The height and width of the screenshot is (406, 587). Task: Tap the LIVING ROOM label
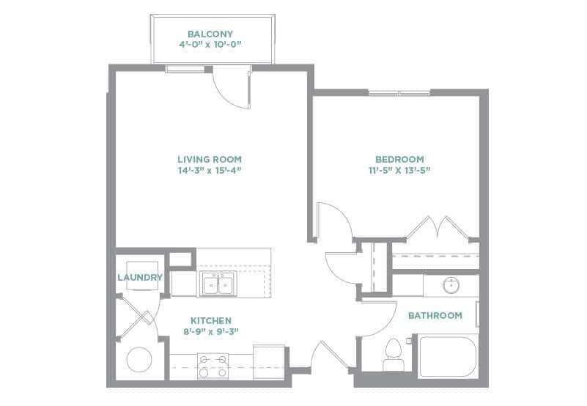pos(210,159)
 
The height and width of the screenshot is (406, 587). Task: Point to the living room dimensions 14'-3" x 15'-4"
pos(210,170)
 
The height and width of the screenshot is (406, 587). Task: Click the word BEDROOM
pos(399,159)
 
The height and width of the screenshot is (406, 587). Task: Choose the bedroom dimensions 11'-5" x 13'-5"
pos(399,170)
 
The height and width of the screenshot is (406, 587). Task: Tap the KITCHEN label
pos(211,320)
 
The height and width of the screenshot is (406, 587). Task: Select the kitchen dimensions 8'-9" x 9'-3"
pos(211,331)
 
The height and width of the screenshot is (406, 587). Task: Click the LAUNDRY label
pos(139,278)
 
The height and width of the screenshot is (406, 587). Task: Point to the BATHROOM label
pos(435,316)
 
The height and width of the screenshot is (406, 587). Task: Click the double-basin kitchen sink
pos(216,284)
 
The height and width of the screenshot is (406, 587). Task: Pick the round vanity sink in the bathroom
pos(451,284)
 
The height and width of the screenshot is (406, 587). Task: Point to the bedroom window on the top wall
pos(399,92)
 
